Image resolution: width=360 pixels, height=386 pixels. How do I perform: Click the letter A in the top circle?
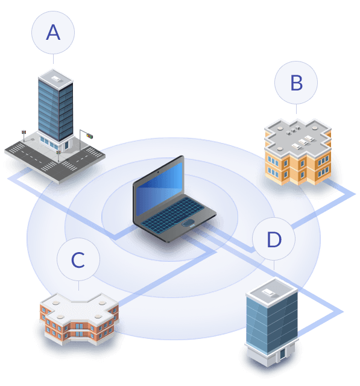pos(53,33)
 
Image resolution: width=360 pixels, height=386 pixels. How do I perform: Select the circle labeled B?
pos(296,83)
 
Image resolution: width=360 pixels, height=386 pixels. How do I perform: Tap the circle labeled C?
pos(78,260)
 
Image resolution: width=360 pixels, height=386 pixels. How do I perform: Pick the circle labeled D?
pos(274,239)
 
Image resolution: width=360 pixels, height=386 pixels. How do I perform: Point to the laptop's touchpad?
pos(188,224)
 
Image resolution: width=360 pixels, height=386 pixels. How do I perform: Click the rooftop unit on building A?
pos(55,77)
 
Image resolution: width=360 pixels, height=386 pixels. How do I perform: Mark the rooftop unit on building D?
pos(267,291)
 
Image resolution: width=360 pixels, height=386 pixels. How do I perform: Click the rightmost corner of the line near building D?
pos(343,312)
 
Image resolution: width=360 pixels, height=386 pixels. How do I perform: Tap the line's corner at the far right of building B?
pos(355,194)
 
